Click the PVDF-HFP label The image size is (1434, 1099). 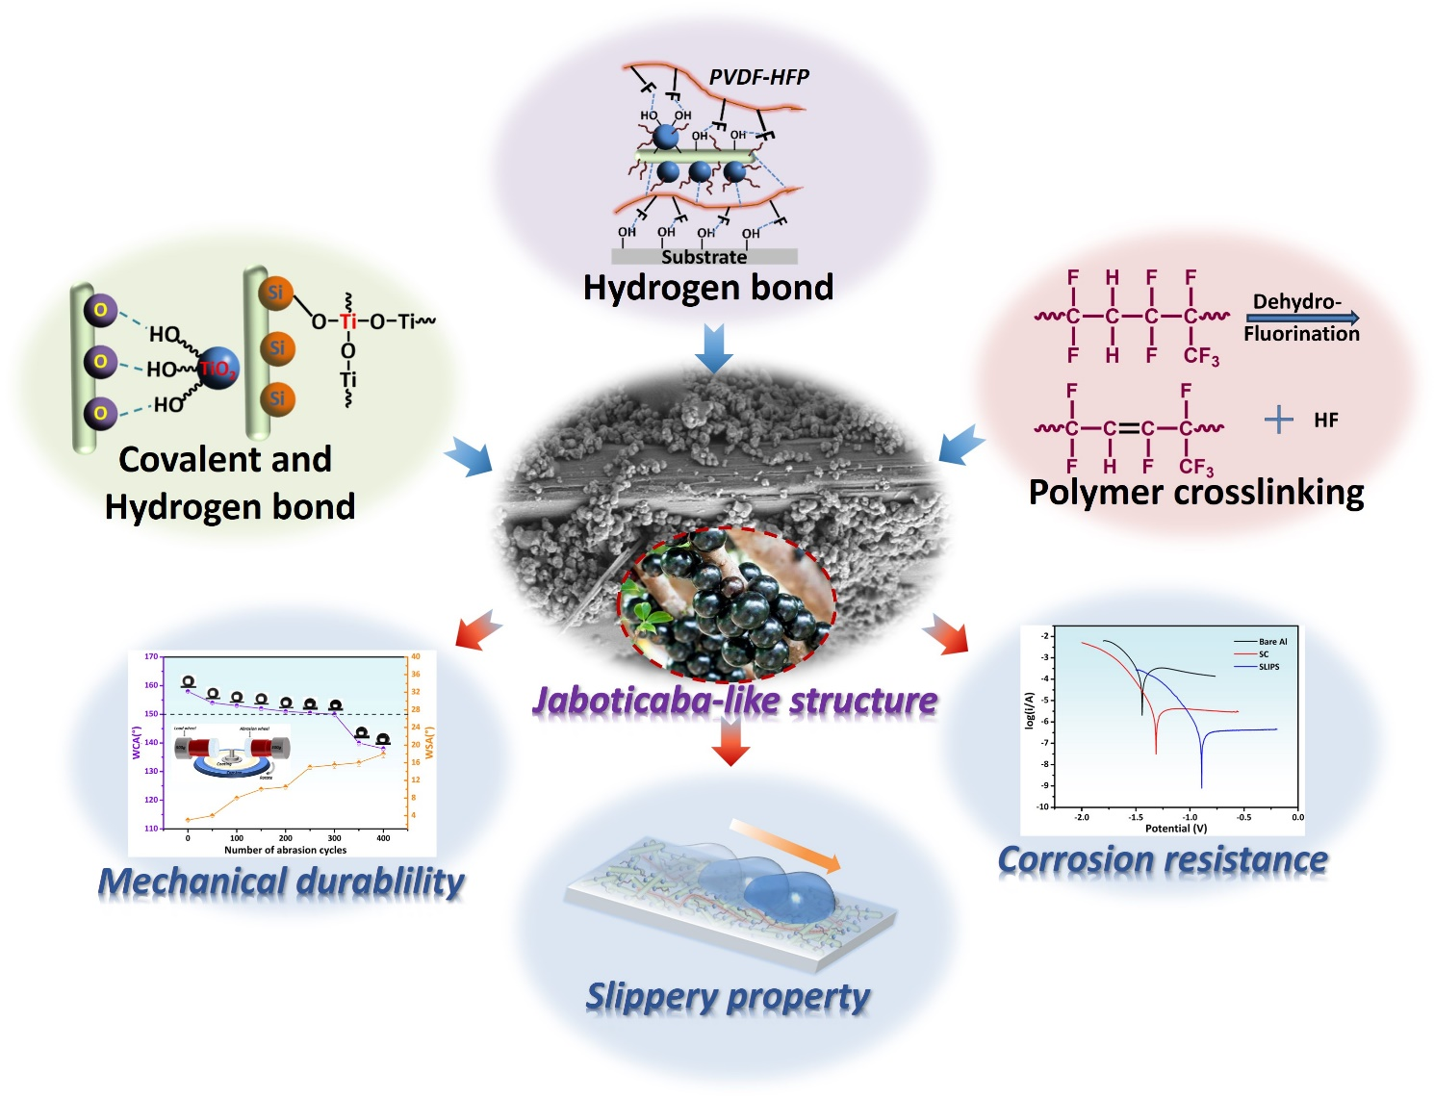[758, 77]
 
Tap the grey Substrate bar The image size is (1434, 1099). [704, 257]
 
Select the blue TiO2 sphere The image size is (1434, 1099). [218, 368]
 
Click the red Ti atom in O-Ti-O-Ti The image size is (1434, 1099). [347, 320]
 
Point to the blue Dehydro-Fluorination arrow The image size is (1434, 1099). [1302, 318]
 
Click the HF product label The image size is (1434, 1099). [1325, 420]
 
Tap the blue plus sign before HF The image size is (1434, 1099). [1278, 420]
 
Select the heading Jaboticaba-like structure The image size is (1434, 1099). [734, 701]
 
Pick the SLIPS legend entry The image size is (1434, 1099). [1268, 667]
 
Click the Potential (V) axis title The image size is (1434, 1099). [1175, 828]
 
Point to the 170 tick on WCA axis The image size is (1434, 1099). [151, 656]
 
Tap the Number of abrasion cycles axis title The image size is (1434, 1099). [285, 850]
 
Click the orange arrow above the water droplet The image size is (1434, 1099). [784, 845]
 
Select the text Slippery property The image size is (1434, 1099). [728, 997]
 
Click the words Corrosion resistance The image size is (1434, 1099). [1163, 859]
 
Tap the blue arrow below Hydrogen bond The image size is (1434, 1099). [713, 347]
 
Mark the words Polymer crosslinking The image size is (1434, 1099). [1196, 492]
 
